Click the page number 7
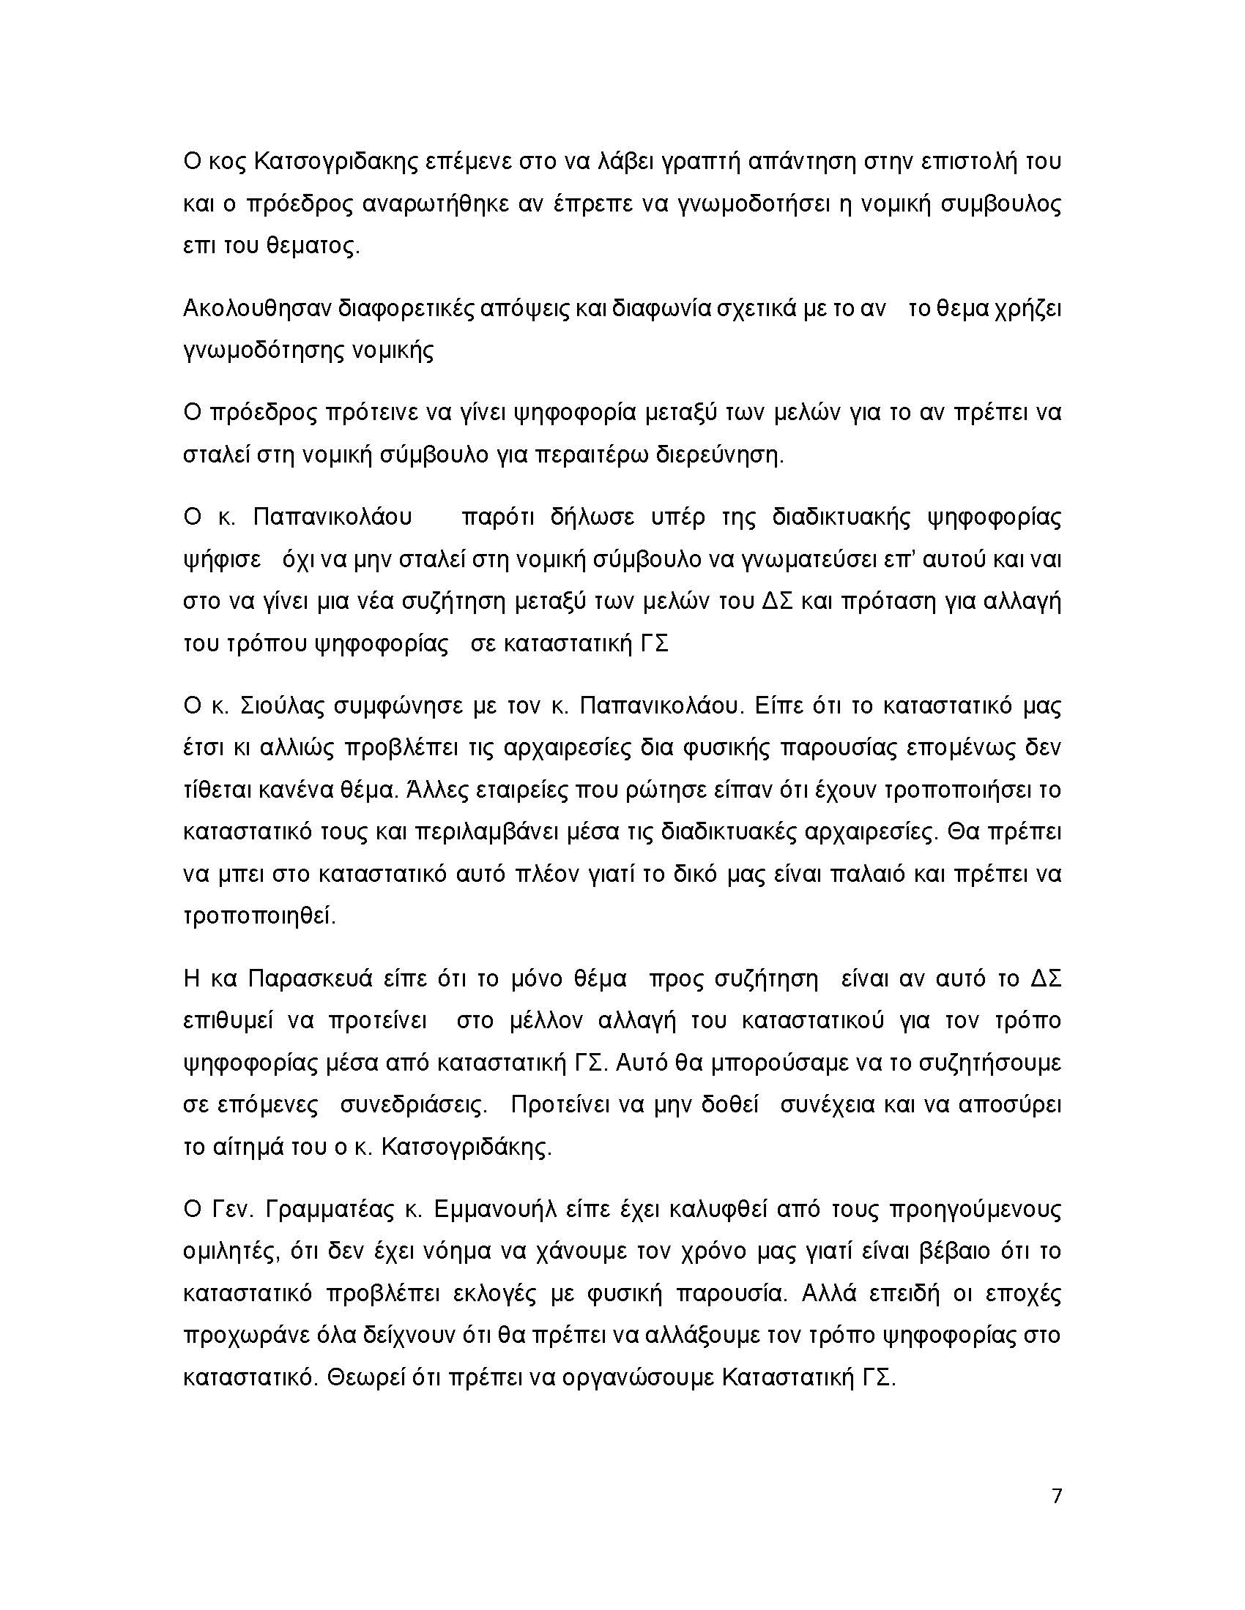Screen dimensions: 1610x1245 pyautogui.click(x=1056, y=1496)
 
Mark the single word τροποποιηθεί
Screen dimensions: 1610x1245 pyautogui.click(x=259, y=917)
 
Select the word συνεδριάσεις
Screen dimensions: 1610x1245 pyautogui.click(x=413, y=1106)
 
